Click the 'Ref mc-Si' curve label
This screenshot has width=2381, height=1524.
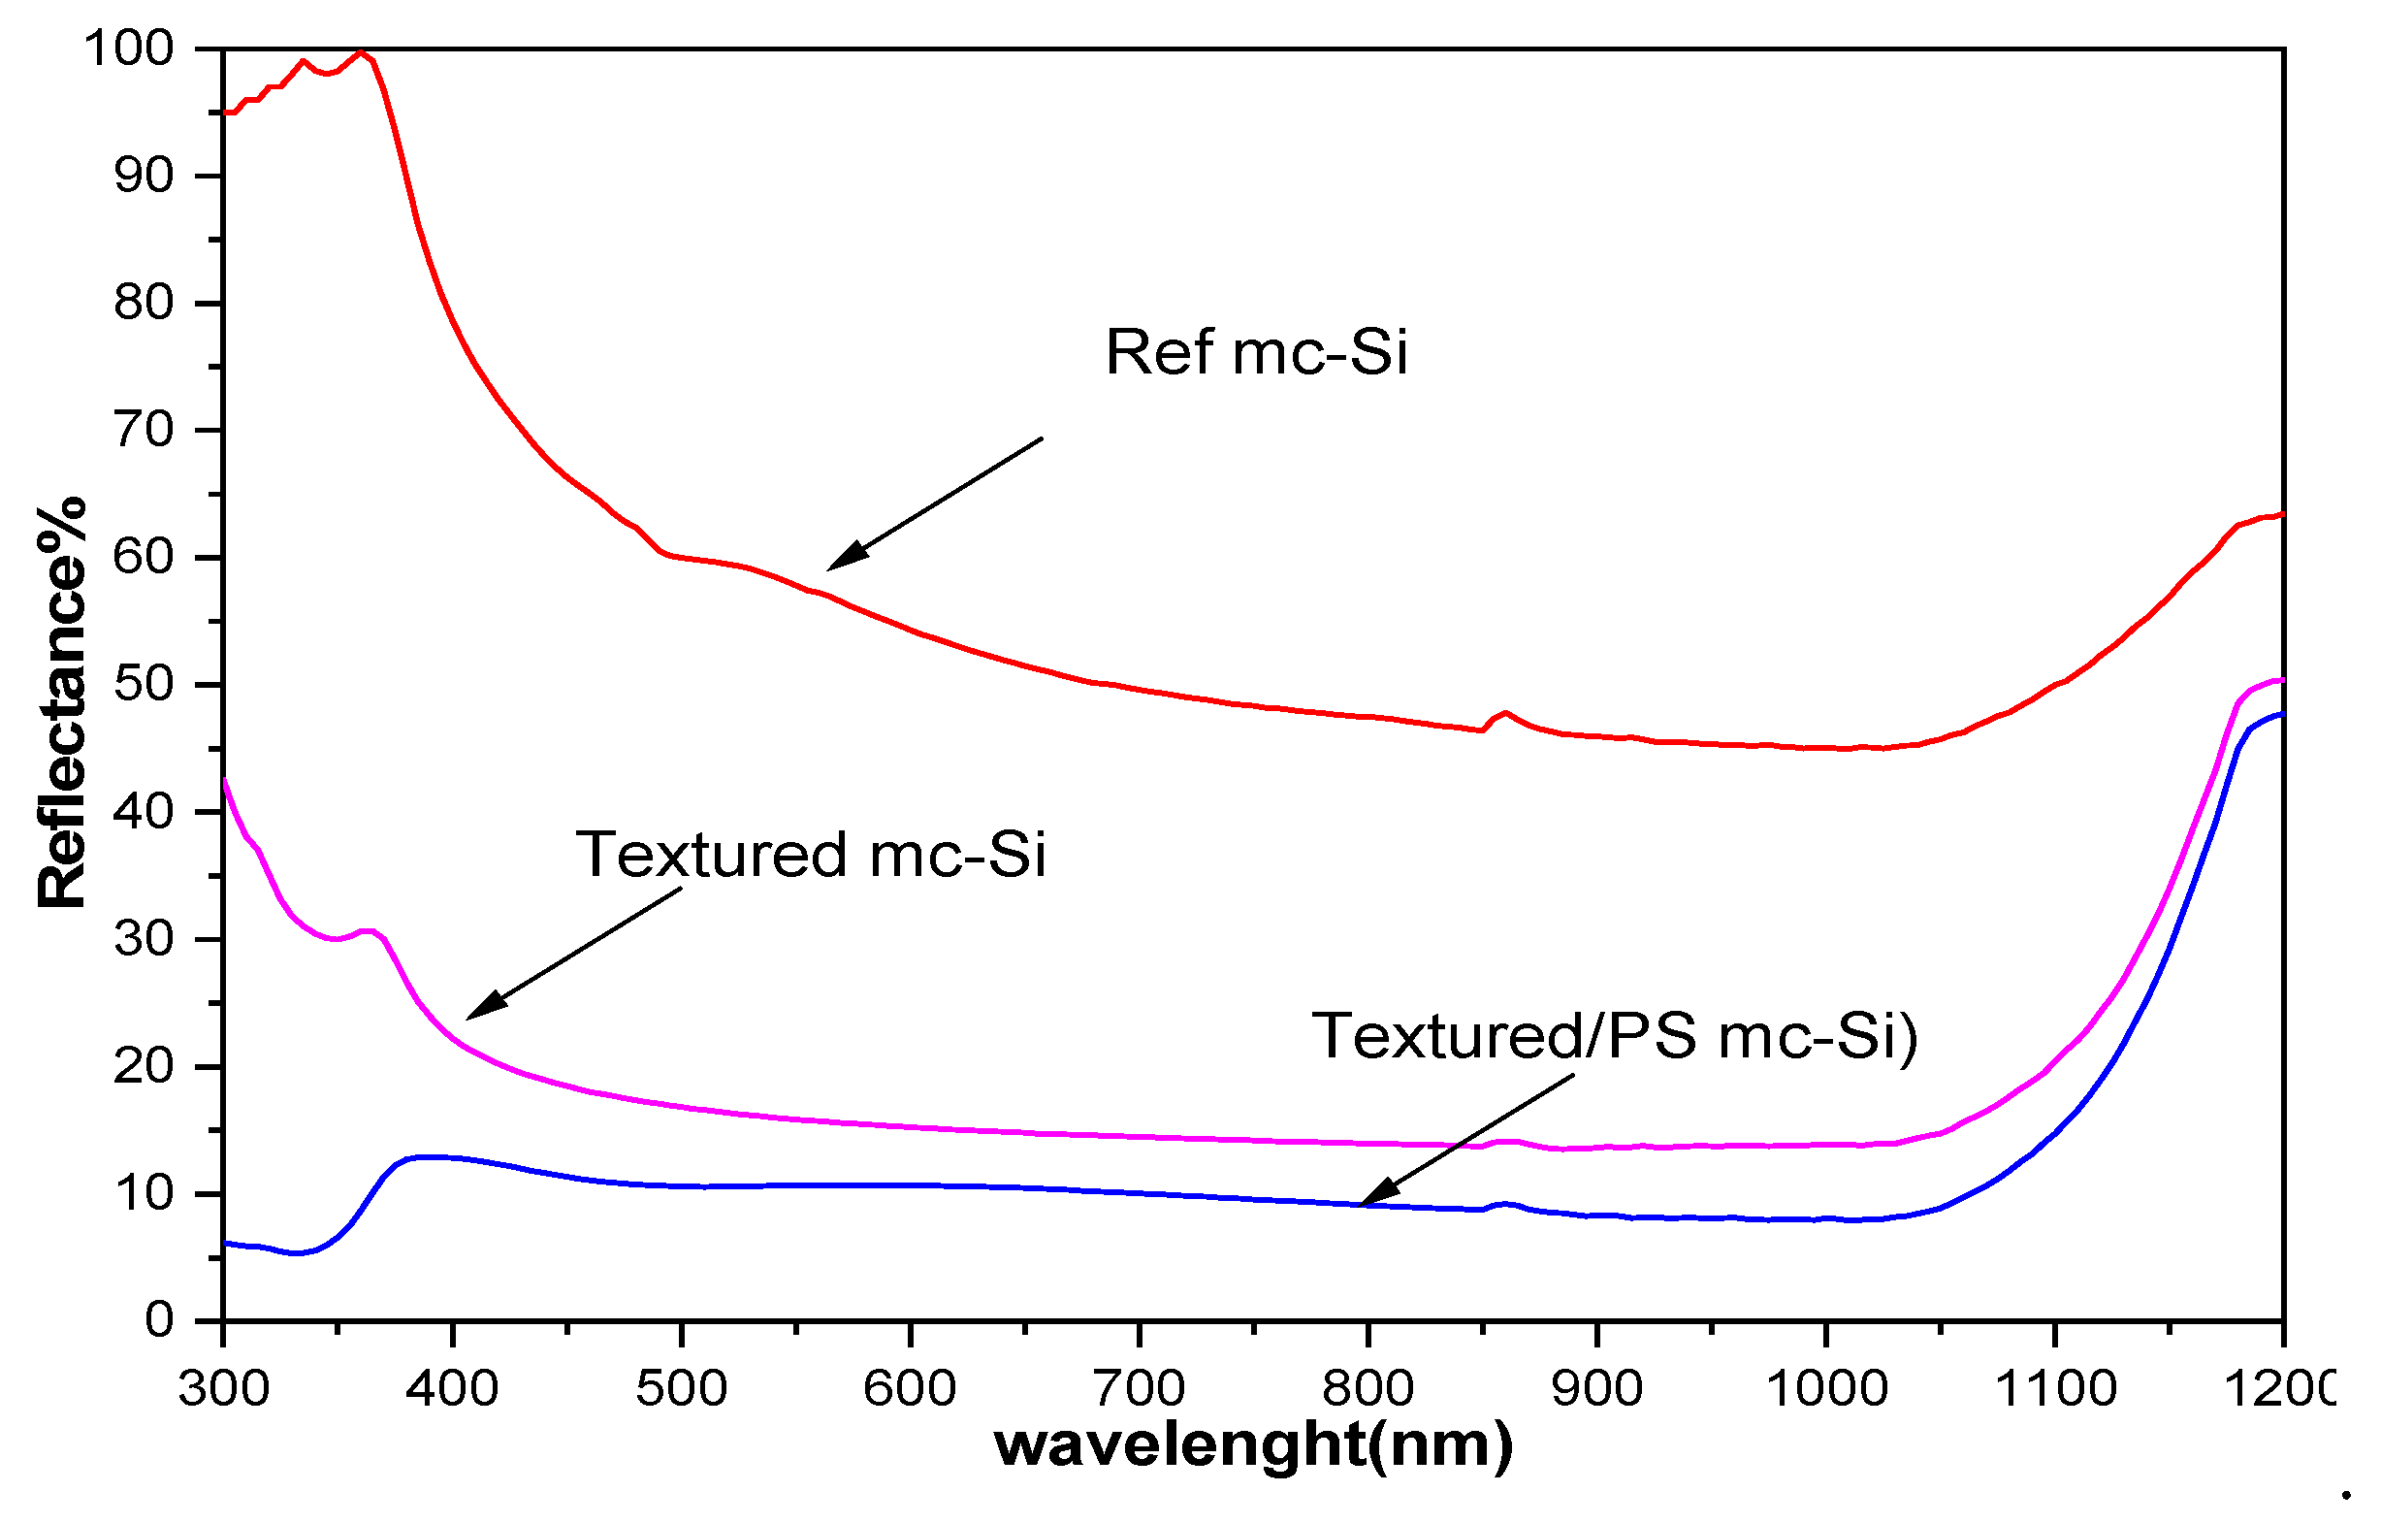tap(1255, 352)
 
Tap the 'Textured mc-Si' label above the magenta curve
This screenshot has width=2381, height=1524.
tap(810, 855)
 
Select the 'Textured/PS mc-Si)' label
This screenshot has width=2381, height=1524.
tap(1615, 1036)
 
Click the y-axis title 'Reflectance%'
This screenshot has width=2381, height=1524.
tap(61, 702)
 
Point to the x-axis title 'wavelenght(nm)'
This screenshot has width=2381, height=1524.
tap(1253, 1443)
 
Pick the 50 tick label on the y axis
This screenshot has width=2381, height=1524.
tap(144, 685)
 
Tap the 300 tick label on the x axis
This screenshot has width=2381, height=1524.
tap(224, 1388)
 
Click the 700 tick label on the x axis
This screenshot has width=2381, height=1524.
tap(1139, 1388)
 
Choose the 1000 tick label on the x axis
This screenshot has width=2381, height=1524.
tap(1826, 1388)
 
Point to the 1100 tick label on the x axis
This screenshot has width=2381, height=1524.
tap(2055, 1388)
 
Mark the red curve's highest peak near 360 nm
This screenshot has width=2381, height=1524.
tap(361, 51)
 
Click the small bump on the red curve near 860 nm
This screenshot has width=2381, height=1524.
tap(1504, 712)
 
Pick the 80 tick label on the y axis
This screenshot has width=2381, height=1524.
tap(144, 303)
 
